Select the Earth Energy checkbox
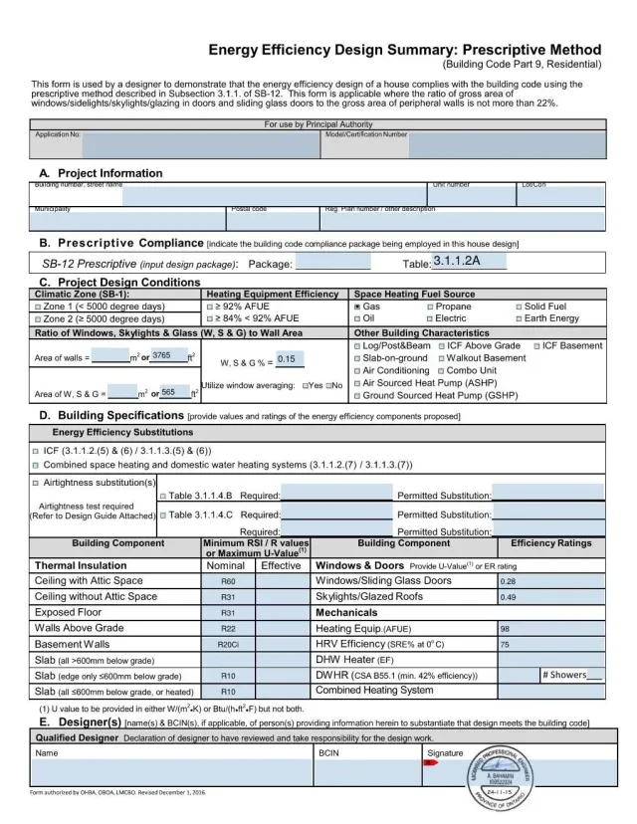[x=519, y=319]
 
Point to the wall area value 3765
[x=162, y=355]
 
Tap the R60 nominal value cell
[x=228, y=581]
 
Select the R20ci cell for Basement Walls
[x=228, y=645]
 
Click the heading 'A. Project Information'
[x=101, y=173]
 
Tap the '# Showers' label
[x=564, y=675]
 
